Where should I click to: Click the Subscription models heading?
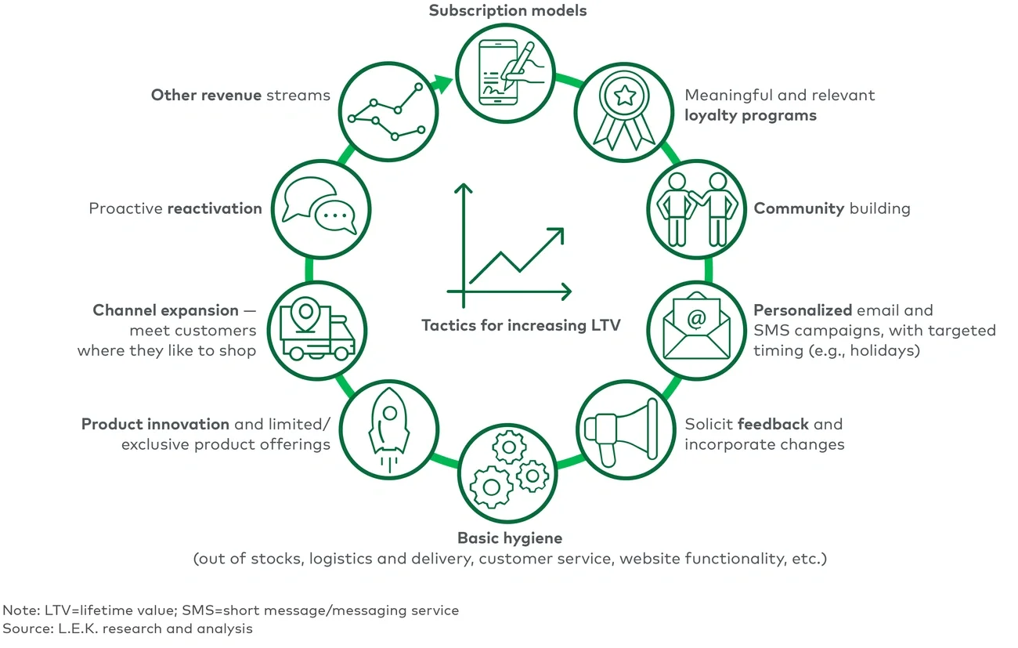click(x=507, y=11)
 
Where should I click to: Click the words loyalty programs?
click(x=750, y=116)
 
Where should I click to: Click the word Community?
click(x=799, y=208)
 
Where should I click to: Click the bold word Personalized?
click(x=803, y=310)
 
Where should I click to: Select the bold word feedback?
click(x=773, y=424)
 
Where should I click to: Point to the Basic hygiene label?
click(x=510, y=538)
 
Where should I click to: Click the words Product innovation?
click(x=155, y=424)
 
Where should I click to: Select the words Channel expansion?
click(x=165, y=310)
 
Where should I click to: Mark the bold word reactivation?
click(x=215, y=208)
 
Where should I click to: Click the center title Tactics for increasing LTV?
click(x=521, y=325)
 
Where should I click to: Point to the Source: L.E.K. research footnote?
click(x=128, y=628)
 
